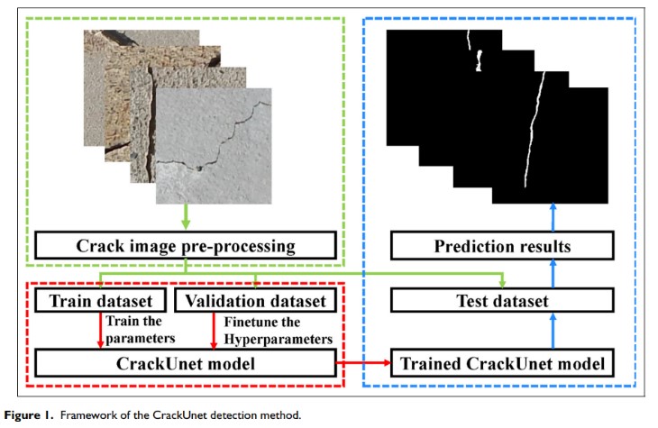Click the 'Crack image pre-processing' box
pyautogui.click(x=185, y=245)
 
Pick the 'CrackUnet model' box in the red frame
pyautogui.click(x=184, y=363)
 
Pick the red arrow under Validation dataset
pyautogui.click(x=211, y=330)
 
